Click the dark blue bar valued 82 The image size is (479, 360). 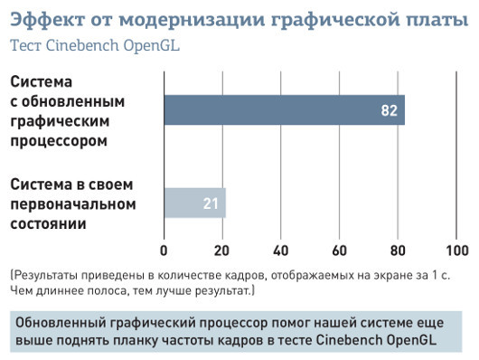(271, 109)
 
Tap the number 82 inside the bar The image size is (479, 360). (390, 110)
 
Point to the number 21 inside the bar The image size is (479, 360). (211, 204)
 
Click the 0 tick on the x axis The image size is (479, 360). (164, 250)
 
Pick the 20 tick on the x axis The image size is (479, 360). (222, 250)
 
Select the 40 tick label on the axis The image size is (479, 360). (281, 250)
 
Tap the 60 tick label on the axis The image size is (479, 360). (340, 250)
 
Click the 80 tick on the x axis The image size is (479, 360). (399, 250)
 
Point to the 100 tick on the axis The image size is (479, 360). (456, 250)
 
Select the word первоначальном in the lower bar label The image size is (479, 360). (72, 204)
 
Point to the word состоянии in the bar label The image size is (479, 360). (49, 223)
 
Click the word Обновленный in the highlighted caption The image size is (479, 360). (64, 321)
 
